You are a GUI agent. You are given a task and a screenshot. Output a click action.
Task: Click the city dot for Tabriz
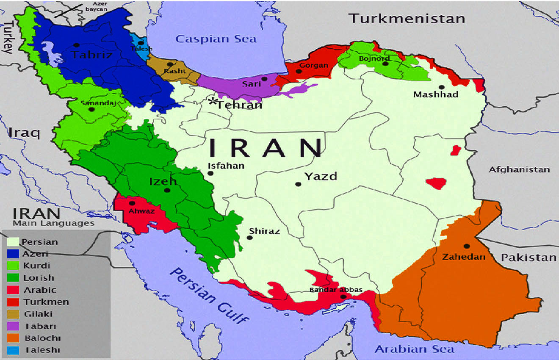76,45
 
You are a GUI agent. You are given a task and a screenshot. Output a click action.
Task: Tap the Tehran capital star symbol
213,101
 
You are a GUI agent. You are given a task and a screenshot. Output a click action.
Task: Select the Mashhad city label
436,94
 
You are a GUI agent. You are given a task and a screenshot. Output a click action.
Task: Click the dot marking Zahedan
467,246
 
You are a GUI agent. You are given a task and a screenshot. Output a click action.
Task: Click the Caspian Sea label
216,39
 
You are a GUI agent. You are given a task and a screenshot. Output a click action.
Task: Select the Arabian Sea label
415,349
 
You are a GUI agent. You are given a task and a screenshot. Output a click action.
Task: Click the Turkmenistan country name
407,18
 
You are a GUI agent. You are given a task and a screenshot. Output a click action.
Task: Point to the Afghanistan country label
519,169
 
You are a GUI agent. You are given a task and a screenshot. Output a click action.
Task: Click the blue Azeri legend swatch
13,254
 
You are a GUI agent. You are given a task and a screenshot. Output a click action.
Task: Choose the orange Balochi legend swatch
13,338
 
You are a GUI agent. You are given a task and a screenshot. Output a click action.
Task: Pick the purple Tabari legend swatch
13,326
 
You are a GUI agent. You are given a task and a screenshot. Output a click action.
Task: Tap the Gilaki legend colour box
13,314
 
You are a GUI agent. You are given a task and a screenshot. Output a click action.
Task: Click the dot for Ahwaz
132,204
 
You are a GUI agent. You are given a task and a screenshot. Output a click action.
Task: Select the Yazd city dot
298,184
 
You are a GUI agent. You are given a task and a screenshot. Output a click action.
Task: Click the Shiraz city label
264,231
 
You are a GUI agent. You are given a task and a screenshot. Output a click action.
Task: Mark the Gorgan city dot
299,72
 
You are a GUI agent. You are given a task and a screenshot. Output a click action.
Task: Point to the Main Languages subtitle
53,223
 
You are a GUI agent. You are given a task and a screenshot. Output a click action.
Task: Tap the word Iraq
24,133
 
